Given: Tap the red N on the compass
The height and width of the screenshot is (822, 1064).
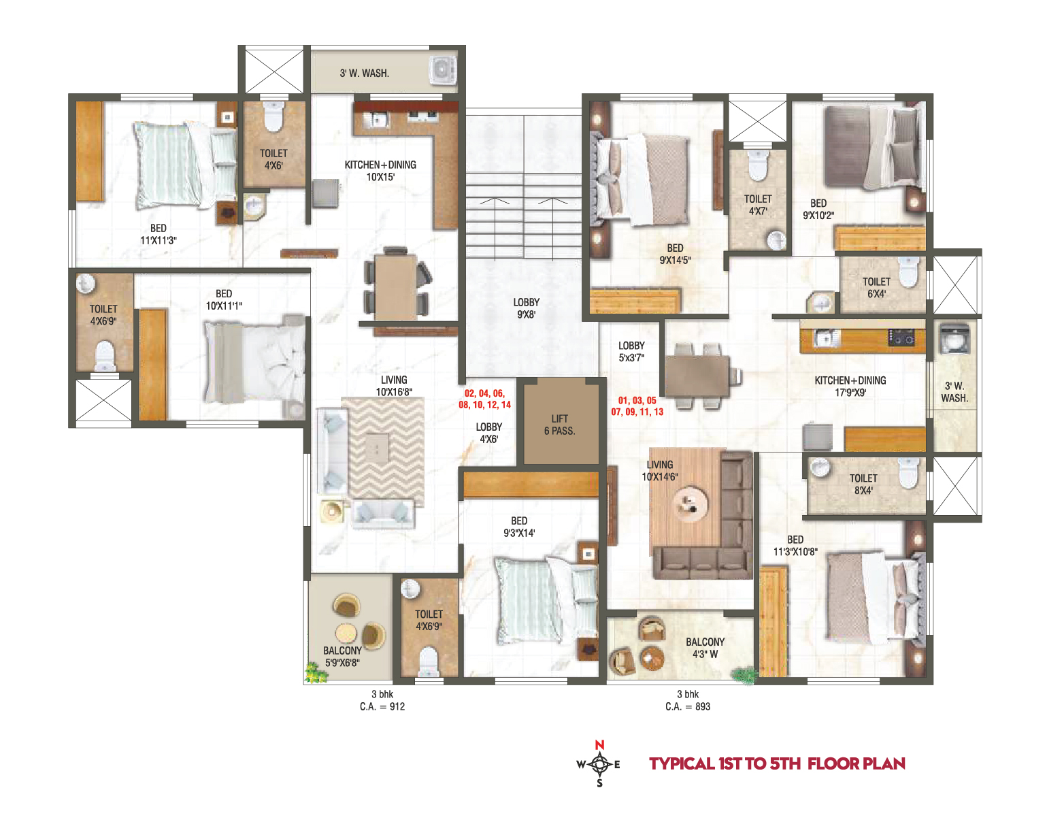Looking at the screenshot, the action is [x=599, y=744].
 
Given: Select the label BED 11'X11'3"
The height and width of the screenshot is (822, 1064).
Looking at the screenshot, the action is [x=158, y=234].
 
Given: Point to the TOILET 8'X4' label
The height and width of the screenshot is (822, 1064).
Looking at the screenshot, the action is [x=863, y=484].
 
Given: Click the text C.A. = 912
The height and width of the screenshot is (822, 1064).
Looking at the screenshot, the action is [x=382, y=706].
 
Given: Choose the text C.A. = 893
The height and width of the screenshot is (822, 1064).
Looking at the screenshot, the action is [x=688, y=706].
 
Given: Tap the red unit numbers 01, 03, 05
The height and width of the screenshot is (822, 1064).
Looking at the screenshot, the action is [x=637, y=401].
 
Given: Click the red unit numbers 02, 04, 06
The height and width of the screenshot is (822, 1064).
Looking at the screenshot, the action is [x=485, y=393].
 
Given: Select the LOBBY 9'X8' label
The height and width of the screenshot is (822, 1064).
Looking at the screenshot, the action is [x=527, y=308].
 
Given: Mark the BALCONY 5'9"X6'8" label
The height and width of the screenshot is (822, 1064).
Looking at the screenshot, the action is [x=342, y=657].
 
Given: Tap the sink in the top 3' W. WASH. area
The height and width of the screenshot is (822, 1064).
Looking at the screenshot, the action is [x=442, y=69].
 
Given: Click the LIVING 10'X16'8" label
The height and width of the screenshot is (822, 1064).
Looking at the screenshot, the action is [x=394, y=386].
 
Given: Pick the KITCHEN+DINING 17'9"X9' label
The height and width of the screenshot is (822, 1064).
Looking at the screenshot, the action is [x=850, y=387].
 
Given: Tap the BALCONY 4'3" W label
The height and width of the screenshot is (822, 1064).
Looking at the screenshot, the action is [x=705, y=648].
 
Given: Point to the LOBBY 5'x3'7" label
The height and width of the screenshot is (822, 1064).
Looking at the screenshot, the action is [x=631, y=352].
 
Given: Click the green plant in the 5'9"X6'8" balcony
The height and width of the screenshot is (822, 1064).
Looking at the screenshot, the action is [x=316, y=672].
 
